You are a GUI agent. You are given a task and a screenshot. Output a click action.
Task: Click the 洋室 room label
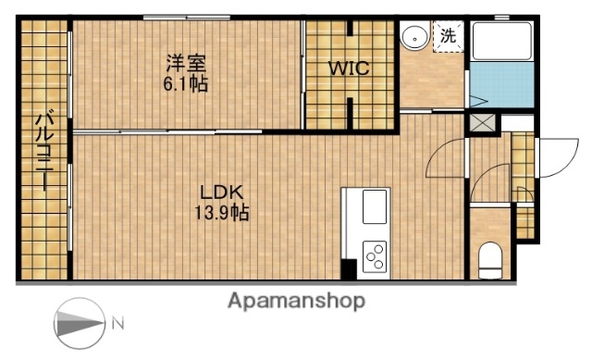(187, 64)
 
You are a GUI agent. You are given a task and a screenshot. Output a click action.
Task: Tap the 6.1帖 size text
(187, 83)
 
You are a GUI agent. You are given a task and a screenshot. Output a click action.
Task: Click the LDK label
(223, 192)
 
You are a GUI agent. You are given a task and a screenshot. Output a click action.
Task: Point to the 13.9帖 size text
(223, 212)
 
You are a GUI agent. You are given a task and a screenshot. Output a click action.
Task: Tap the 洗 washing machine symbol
(448, 38)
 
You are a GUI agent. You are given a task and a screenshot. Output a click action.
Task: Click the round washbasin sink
(415, 38)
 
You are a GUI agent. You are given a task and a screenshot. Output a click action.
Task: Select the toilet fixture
(489, 258)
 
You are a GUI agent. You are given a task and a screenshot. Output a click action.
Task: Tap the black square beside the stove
(349, 269)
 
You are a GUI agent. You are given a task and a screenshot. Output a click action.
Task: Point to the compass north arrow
(80, 324)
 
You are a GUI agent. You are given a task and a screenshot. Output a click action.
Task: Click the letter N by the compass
(117, 324)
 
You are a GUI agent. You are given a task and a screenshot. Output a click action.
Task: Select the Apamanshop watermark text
(296, 300)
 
